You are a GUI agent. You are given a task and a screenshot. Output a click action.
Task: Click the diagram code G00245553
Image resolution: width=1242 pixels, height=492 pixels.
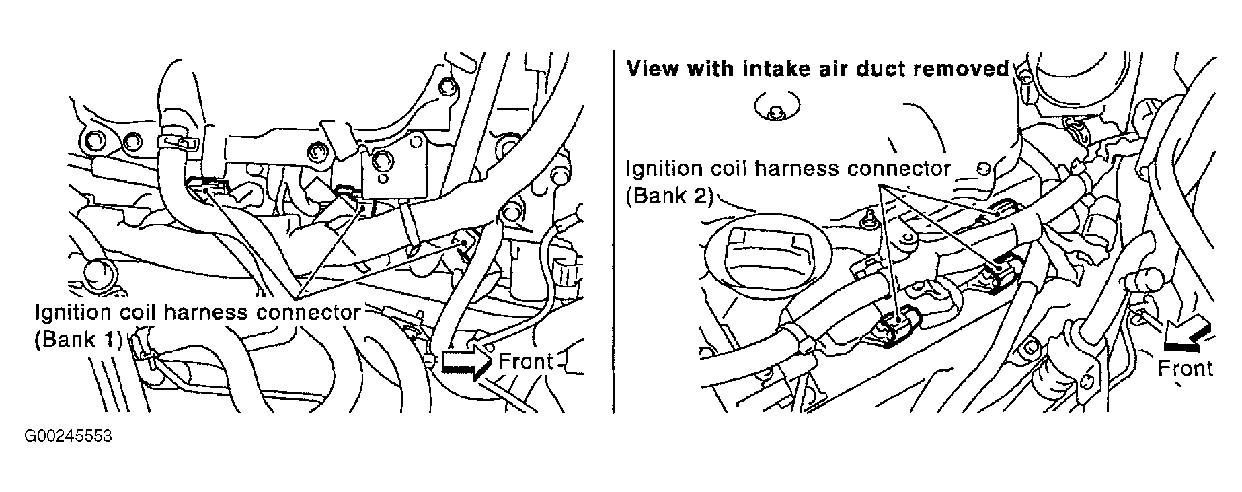click(x=68, y=436)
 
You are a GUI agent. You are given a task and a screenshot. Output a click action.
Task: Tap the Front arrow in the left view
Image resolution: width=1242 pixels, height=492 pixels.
click(x=465, y=361)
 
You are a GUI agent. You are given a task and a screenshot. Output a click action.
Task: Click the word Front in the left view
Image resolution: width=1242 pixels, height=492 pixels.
click(x=525, y=361)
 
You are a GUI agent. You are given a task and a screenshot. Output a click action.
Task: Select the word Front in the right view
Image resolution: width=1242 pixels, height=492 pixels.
click(x=1185, y=368)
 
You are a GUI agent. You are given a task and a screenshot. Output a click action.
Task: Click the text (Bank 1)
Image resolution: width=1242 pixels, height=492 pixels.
click(x=78, y=339)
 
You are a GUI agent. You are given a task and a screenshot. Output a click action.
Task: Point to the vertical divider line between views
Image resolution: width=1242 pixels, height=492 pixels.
click(x=614, y=231)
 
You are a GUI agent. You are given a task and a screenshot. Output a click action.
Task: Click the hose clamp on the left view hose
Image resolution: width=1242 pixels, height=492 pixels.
click(x=177, y=141)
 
